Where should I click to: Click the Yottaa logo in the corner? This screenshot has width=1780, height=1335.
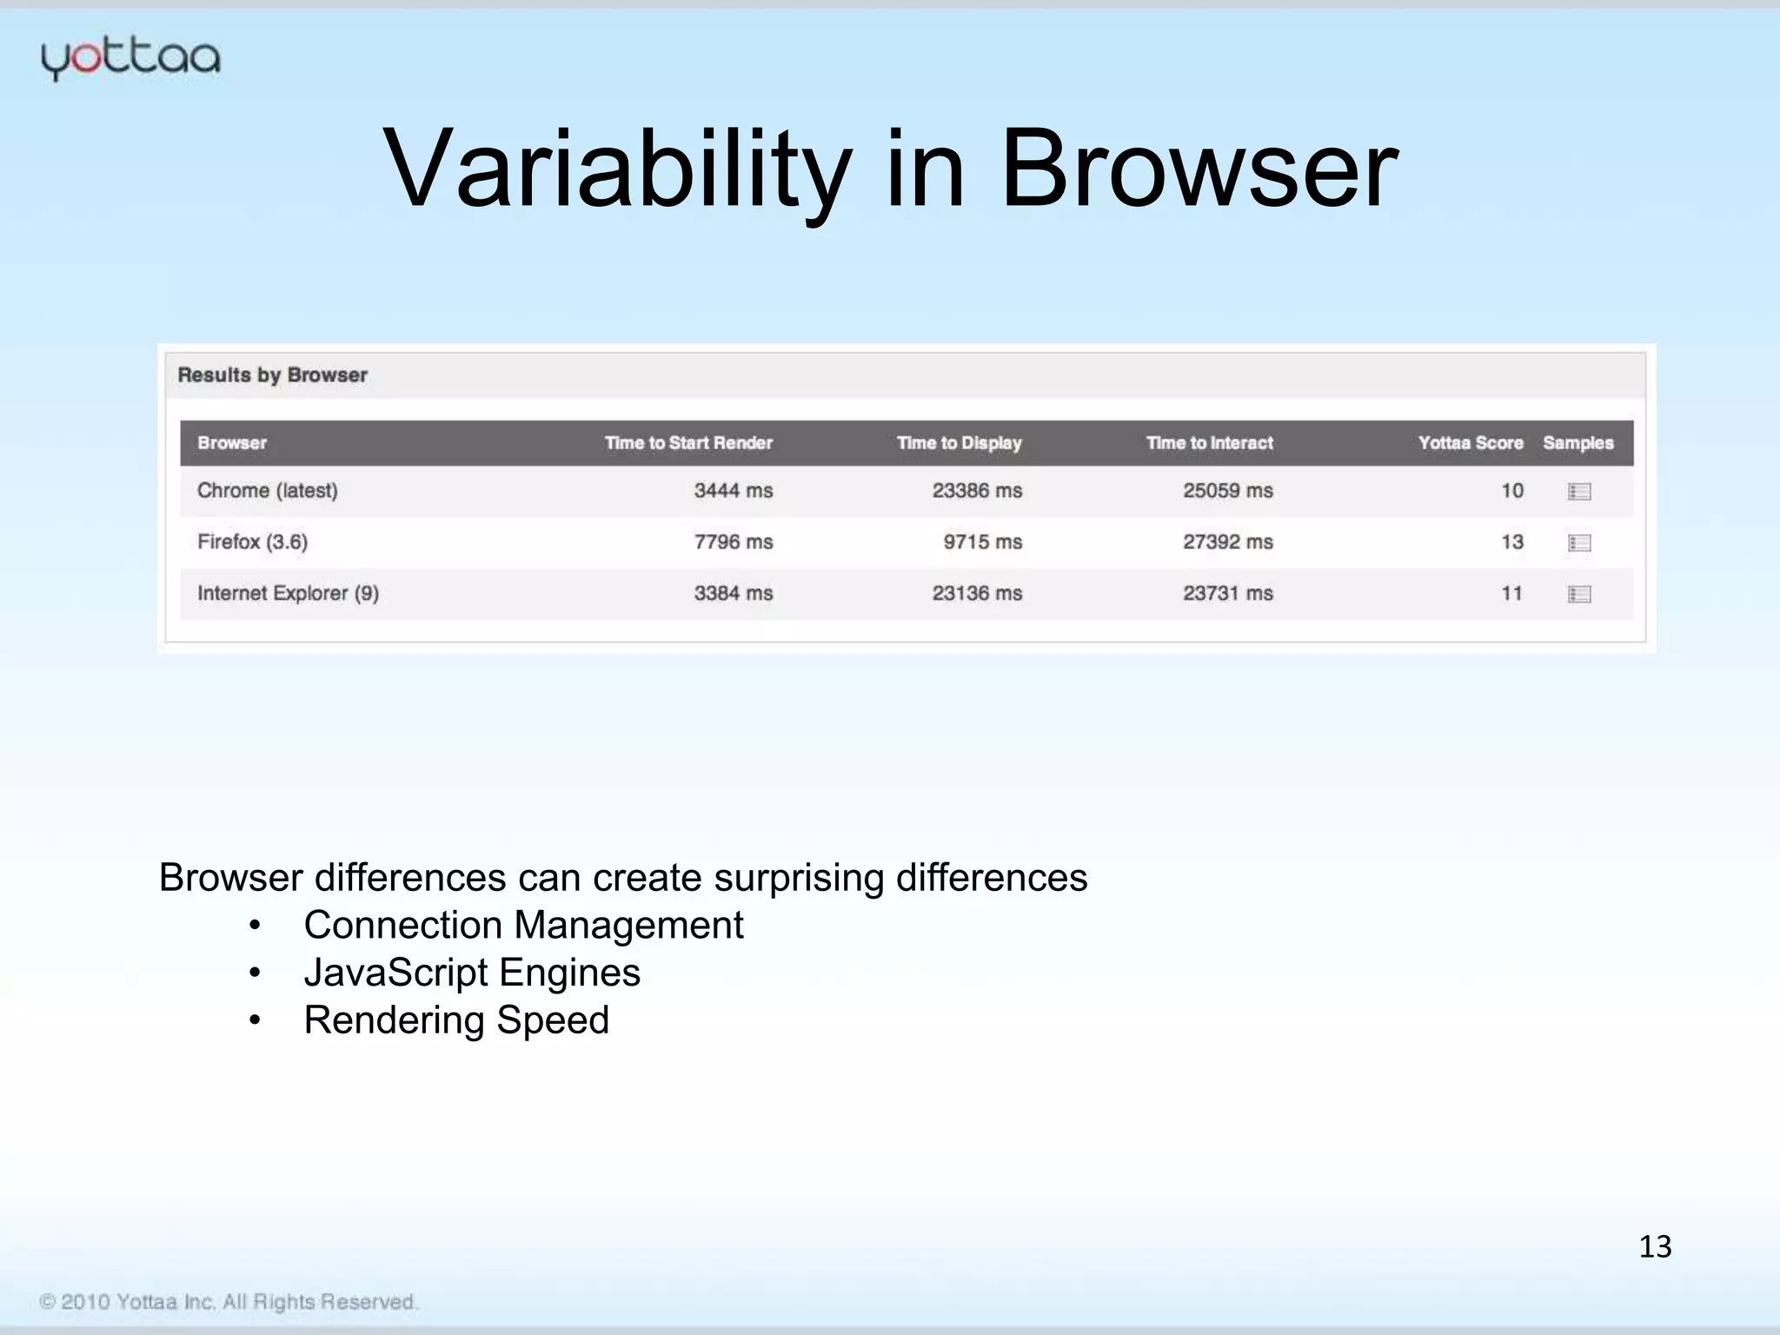pyautogui.click(x=130, y=59)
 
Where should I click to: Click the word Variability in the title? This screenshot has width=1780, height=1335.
pyautogui.click(x=617, y=169)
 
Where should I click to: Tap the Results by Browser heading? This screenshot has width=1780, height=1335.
pyautogui.click(x=272, y=375)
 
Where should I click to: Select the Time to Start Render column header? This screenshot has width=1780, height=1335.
pyautogui.click(x=688, y=442)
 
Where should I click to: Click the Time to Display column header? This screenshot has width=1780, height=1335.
pyautogui.click(x=959, y=442)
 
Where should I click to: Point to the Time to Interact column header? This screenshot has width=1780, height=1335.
pyautogui.click(x=1209, y=442)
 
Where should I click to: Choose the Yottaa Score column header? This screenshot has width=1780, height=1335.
pyautogui.click(x=1470, y=442)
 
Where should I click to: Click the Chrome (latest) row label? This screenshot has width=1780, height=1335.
pyautogui.click(x=267, y=490)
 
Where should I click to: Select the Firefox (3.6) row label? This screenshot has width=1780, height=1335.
pyautogui.click(x=252, y=541)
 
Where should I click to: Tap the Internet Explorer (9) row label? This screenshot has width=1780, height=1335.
pyautogui.click(x=288, y=593)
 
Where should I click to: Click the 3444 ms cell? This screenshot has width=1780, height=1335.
pyautogui.click(x=733, y=490)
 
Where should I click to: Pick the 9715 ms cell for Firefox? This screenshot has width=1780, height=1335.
pyautogui.click(x=982, y=541)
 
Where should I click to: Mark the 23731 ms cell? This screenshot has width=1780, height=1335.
pyautogui.click(x=1227, y=593)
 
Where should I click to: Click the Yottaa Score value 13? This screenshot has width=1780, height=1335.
pyautogui.click(x=1511, y=541)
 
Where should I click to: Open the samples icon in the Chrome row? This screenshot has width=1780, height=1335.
pyautogui.click(x=1579, y=492)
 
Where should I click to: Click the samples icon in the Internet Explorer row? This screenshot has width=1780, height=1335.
pyautogui.click(x=1579, y=594)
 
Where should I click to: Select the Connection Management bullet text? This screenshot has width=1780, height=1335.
pyautogui.click(x=523, y=925)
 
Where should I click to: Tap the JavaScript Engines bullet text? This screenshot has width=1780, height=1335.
pyautogui.click(x=472, y=973)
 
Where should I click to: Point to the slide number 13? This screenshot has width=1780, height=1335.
pyautogui.click(x=1655, y=1246)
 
